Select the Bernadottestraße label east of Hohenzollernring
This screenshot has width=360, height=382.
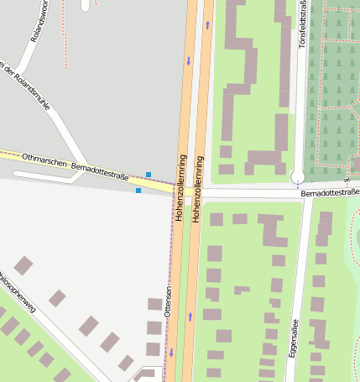coord(331,193)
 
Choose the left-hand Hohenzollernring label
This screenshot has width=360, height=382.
coord(180,187)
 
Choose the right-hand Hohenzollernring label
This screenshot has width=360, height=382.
coord(200,189)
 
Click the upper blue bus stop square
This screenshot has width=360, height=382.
coord(149,175)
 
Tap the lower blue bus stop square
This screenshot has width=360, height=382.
coord(138,191)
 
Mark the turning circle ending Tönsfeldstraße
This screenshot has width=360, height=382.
coord(297,177)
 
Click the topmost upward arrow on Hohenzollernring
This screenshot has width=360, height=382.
coord(206,25)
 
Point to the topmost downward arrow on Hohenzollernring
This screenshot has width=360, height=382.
coord(189,61)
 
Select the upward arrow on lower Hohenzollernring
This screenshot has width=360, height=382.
coord(190,317)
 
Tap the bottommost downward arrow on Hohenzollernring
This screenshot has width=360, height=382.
coord(173,353)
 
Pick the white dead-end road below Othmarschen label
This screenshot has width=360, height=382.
coord(50,176)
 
